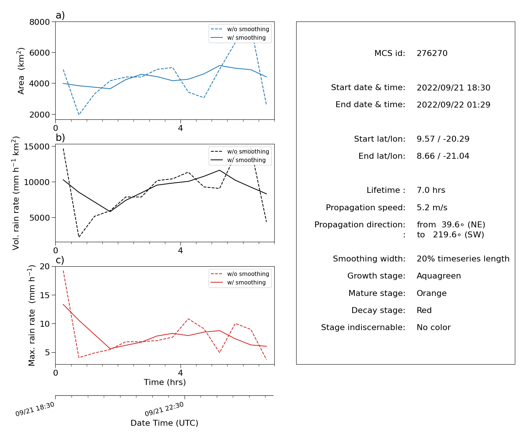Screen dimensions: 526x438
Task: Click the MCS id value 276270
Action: click(x=432, y=53)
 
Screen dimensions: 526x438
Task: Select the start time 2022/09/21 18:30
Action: click(x=453, y=88)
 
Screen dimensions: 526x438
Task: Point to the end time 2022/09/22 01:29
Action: click(x=453, y=105)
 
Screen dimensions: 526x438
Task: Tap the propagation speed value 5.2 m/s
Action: click(x=432, y=207)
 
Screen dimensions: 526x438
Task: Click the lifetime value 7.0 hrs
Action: click(x=431, y=190)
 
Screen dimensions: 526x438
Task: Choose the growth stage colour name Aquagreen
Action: click(x=439, y=276)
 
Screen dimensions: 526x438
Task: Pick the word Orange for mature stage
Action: click(x=431, y=293)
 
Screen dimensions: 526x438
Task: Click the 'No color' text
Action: click(x=434, y=327)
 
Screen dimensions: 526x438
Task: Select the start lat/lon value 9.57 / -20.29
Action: click(x=443, y=139)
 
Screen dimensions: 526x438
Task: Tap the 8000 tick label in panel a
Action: click(x=40, y=22)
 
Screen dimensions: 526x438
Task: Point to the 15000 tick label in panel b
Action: click(x=37, y=146)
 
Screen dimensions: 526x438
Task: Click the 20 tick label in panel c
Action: click(x=45, y=266)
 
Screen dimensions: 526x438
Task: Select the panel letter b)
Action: click(x=60, y=138)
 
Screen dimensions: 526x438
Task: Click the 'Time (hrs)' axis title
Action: click(x=165, y=382)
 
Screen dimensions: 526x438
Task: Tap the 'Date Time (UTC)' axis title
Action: click(x=164, y=423)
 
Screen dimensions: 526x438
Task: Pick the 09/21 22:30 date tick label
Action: click(x=164, y=409)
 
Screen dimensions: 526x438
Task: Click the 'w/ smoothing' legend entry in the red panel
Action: click(x=240, y=282)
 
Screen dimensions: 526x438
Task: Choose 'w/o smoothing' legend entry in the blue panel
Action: click(x=240, y=29)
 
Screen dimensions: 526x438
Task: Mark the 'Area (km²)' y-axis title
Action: click(x=21, y=71)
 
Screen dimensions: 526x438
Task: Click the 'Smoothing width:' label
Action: click(x=369, y=258)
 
